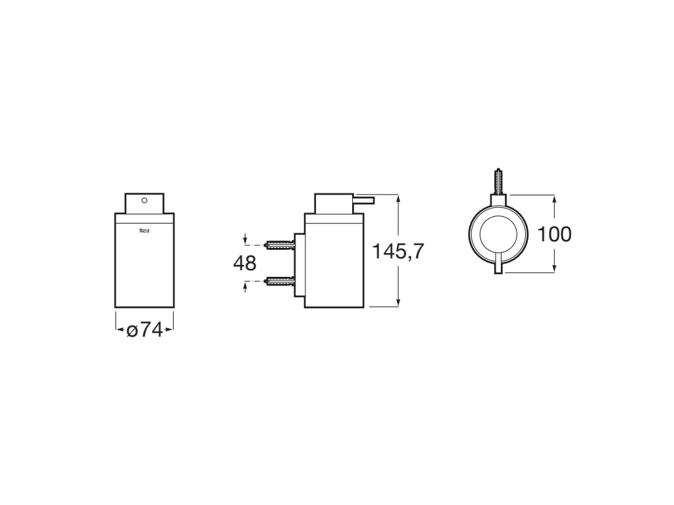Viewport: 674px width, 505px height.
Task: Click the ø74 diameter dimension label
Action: click(x=144, y=329)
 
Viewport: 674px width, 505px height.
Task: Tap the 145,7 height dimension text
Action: click(x=398, y=251)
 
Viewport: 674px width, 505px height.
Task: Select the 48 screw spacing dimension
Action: click(x=244, y=263)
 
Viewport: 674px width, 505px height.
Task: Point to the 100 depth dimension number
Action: click(x=554, y=233)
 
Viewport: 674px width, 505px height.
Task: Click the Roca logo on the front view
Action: click(x=144, y=230)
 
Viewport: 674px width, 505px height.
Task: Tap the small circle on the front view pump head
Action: click(x=144, y=199)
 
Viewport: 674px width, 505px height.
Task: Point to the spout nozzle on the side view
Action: click(x=365, y=199)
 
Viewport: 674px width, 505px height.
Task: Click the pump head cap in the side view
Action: click(x=334, y=203)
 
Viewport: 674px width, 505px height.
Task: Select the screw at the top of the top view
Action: click(x=498, y=180)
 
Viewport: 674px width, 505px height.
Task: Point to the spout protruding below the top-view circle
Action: click(x=498, y=266)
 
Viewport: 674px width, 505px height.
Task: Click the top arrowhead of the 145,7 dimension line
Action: click(x=398, y=197)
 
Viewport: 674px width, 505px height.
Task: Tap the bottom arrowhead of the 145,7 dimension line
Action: click(x=398, y=303)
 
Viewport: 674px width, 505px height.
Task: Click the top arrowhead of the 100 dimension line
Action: click(x=554, y=198)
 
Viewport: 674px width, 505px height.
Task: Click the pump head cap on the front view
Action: click(x=144, y=203)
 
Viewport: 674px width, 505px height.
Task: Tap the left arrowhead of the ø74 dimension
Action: click(x=118, y=329)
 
